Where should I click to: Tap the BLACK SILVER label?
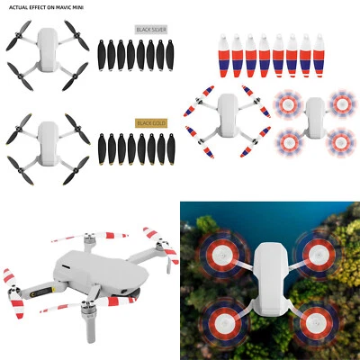click(150, 29)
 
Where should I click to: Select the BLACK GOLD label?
click(149, 122)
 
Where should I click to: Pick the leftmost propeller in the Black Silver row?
click(101, 55)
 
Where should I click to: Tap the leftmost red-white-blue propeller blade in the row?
click(224, 55)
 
